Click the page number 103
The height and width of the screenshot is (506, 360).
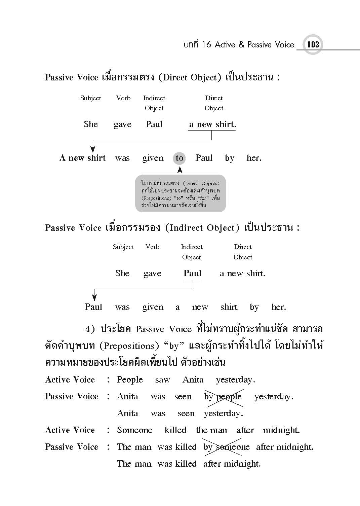coord(313,44)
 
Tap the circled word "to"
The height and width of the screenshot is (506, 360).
coord(179,158)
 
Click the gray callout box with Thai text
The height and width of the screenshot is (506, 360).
coord(181,194)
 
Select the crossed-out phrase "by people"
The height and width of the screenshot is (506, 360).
coord(223,397)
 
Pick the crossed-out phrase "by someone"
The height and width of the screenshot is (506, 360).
coord(227,447)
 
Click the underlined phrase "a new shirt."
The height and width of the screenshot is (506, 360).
coord(212,124)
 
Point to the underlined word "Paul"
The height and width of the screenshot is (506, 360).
coord(192,274)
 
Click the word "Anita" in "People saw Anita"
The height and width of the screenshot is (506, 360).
coord(193,380)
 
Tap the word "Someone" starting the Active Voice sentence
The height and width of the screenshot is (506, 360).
coord(134,430)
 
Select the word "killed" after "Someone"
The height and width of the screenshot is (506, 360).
coord(175,430)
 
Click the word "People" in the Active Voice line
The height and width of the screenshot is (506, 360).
coord(130,380)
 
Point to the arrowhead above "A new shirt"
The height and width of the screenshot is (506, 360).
coord(93,149)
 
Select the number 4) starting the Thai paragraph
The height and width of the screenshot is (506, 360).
coord(90,329)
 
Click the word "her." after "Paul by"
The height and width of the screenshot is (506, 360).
coord(254,158)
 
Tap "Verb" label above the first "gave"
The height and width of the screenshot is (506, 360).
coord(123,98)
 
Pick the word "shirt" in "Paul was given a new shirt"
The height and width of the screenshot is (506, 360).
coord(229,307)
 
